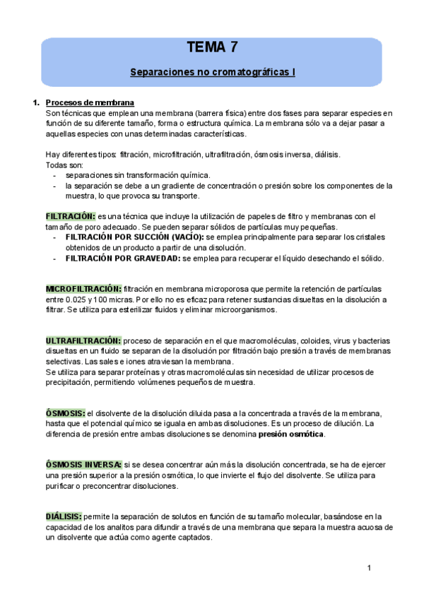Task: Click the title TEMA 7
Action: [x=212, y=48]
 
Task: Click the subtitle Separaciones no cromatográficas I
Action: [x=212, y=72]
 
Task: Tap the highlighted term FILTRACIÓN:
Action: [x=70, y=216]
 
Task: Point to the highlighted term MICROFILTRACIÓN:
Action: [x=83, y=289]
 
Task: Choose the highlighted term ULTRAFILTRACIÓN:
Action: [x=83, y=341]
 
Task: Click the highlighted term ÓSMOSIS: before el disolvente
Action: [x=65, y=413]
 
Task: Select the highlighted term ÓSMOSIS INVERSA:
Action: [x=83, y=465]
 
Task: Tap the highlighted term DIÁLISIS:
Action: [x=64, y=516]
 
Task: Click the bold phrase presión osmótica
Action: [x=291, y=434]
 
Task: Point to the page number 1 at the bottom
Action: [x=370, y=568]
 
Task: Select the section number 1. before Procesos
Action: [x=36, y=102]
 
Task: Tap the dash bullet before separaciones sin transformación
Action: [x=55, y=175]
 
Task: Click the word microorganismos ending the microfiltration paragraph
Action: [x=242, y=309]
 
